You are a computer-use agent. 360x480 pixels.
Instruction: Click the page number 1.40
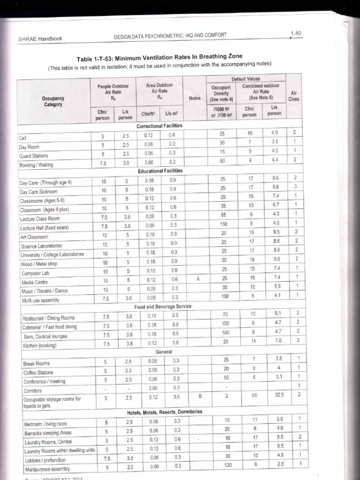(295, 33)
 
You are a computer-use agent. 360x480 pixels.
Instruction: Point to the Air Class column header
(294, 96)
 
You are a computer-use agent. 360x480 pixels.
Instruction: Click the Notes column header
(195, 98)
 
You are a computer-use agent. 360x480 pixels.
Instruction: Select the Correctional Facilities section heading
(159, 127)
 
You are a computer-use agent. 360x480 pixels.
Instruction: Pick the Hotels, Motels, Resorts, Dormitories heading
(165, 412)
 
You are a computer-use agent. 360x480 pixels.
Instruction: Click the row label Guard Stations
(33, 156)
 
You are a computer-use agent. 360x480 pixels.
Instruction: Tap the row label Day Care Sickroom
(38, 192)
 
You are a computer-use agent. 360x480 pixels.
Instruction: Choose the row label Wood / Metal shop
(39, 264)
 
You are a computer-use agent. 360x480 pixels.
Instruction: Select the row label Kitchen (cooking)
(40, 346)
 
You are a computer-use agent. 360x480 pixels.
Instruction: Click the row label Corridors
(32, 390)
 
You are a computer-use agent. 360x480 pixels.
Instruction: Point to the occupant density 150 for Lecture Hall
(223, 225)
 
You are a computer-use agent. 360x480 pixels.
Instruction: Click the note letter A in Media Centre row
(198, 278)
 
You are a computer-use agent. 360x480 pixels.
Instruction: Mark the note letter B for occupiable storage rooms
(200, 396)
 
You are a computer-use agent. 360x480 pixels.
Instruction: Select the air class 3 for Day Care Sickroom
(295, 187)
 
